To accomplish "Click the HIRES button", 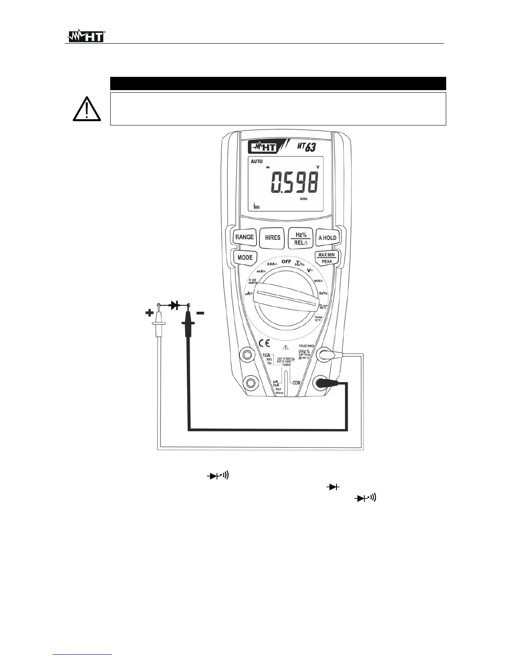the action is pos(272,238).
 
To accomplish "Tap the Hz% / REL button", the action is pos(300,238).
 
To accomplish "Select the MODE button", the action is pos(245,258).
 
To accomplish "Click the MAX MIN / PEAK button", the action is pos(326,258).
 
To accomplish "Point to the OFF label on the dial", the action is pos(286,261).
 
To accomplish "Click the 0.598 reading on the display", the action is pos(294,182).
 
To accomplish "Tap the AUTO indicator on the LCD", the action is pos(257,162).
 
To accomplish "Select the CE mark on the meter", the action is pos(264,343).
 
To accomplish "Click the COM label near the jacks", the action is pos(296,382).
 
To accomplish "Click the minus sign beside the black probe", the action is pos(200,313).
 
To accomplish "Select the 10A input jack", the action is pos(248,354).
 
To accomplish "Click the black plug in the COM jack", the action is pos(322,383).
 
